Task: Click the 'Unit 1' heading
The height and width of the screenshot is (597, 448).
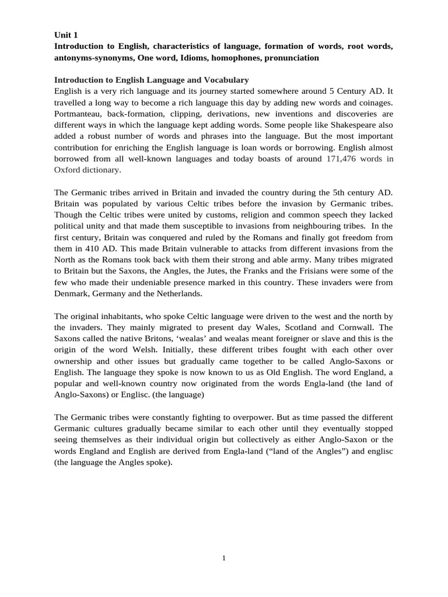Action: click(65, 35)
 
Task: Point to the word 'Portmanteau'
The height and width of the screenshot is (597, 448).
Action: click(79, 114)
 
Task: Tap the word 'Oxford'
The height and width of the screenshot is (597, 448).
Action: click(68, 170)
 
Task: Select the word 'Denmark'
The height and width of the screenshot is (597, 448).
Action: click(71, 293)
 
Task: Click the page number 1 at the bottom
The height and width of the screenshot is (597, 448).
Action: click(224, 558)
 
